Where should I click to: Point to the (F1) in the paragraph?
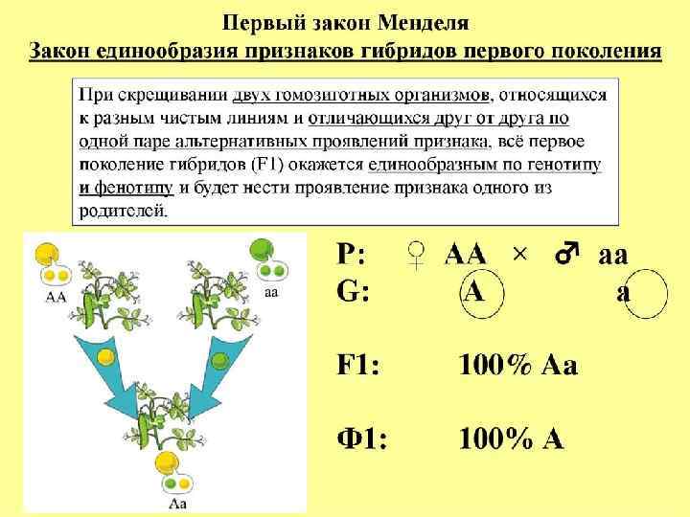[x=277, y=166]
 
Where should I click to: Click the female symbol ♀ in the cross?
[x=415, y=255]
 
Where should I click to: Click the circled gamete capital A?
[x=472, y=290]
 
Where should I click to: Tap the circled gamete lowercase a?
[x=624, y=291]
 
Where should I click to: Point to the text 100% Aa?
[x=517, y=365]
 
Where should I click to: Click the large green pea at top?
[x=261, y=251]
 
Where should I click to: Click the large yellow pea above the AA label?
[x=44, y=255]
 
